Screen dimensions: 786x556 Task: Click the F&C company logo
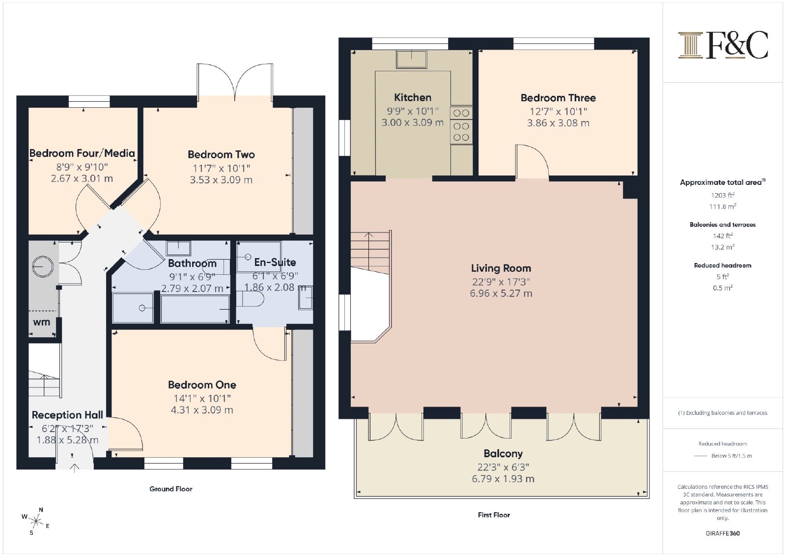pos(723,45)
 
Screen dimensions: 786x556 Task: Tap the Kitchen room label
pos(413,97)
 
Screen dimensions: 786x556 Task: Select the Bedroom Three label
pos(558,98)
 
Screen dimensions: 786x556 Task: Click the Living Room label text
pos(501,268)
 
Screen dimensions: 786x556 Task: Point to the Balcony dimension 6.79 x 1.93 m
pos(503,479)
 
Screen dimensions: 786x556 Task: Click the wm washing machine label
pos(41,322)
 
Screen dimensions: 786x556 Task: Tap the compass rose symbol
pos(35,521)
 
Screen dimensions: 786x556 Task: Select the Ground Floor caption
pos(171,489)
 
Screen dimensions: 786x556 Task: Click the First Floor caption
pos(494,515)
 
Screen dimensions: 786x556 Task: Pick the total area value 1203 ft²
pos(723,195)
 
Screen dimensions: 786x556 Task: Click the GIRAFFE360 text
pos(723,533)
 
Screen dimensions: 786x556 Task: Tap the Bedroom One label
pos(202,385)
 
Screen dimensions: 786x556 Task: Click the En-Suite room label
pos(275,262)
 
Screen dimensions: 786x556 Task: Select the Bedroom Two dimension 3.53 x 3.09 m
pos(221,180)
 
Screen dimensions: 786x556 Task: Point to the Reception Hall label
pos(67,415)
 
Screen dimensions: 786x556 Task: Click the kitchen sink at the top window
pos(411,59)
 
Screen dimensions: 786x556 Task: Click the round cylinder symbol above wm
pos(43,266)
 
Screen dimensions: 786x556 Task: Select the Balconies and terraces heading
pos(723,225)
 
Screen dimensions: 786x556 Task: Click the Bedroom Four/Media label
pos(82,153)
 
